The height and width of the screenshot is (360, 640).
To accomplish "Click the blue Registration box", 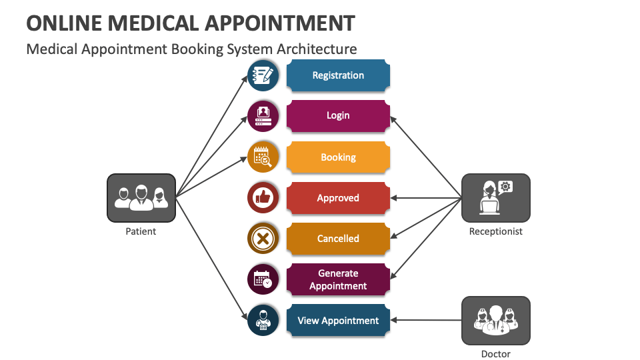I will pyautogui.click(x=338, y=75).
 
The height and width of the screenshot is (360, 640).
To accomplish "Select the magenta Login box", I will pyautogui.click(x=338, y=115).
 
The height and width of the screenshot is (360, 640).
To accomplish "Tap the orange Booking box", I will pyautogui.click(x=338, y=157).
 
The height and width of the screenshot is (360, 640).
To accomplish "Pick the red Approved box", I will pyautogui.click(x=338, y=198).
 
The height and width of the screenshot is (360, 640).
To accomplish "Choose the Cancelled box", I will pyautogui.click(x=338, y=239).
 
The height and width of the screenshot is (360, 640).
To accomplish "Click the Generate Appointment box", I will pyautogui.click(x=338, y=279).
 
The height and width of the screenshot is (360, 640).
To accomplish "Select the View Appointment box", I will pyautogui.click(x=338, y=321).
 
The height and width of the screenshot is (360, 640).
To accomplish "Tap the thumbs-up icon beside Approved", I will pyautogui.click(x=263, y=198).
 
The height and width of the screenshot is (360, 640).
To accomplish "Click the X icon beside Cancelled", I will pyautogui.click(x=263, y=239).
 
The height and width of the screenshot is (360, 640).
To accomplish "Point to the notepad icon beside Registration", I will pyautogui.click(x=263, y=75).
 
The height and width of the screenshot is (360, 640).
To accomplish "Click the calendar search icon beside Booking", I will pyautogui.click(x=263, y=157).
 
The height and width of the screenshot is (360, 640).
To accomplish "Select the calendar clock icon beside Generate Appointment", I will pyautogui.click(x=263, y=279).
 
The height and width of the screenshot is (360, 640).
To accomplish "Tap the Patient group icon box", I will pyautogui.click(x=141, y=198).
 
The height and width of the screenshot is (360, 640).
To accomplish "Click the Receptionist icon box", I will pyautogui.click(x=496, y=198).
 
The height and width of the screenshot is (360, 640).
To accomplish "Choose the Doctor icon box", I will pyautogui.click(x=496, y=321).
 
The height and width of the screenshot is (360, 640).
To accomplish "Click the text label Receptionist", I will pyautogui.click(x=496, y=232).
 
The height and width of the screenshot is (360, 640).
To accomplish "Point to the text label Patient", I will pyautogui.click(x=141, y=232).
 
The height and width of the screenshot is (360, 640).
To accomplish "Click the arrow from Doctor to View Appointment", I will pyautogui.click(x=427, y=321).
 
